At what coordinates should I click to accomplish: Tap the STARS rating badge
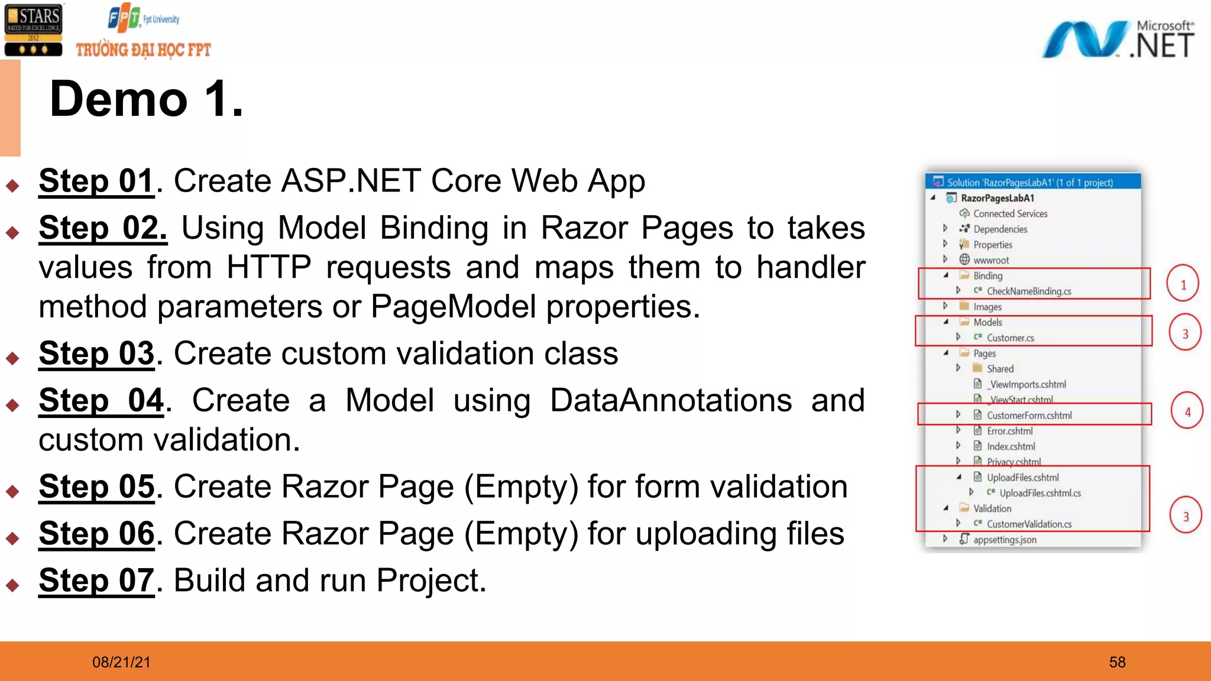[x=33, y=30]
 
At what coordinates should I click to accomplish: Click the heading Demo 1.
[x=146, y=99]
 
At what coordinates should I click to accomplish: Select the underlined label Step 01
[x=96, y=181]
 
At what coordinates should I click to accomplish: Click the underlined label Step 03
[x=96, y=354]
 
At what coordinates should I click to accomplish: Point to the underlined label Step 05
[x=96, y=487]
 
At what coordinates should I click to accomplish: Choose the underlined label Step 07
[x=96, y=581]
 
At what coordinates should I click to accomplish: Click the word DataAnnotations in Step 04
[x=671, y=401]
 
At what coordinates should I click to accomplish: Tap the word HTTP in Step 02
[x=268, y=267]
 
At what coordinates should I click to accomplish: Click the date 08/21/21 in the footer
[x=121, y=662]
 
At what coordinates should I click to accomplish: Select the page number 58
[x=1117, y=662]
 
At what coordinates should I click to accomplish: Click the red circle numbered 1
[x=1183, y=284]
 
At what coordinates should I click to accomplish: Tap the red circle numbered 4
[x=1187, y=411]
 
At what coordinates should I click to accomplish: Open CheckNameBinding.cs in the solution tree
[x=1028, y=291]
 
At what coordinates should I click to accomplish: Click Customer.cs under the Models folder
[x=1010, y=338]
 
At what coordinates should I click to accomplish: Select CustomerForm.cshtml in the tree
[x=1029, y=416]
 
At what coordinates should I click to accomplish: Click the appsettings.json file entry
[x=1005, y=540]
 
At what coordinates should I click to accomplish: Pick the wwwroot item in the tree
[x=991, y=260]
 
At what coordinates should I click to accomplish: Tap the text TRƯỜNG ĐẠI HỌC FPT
[x=143, y=50]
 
